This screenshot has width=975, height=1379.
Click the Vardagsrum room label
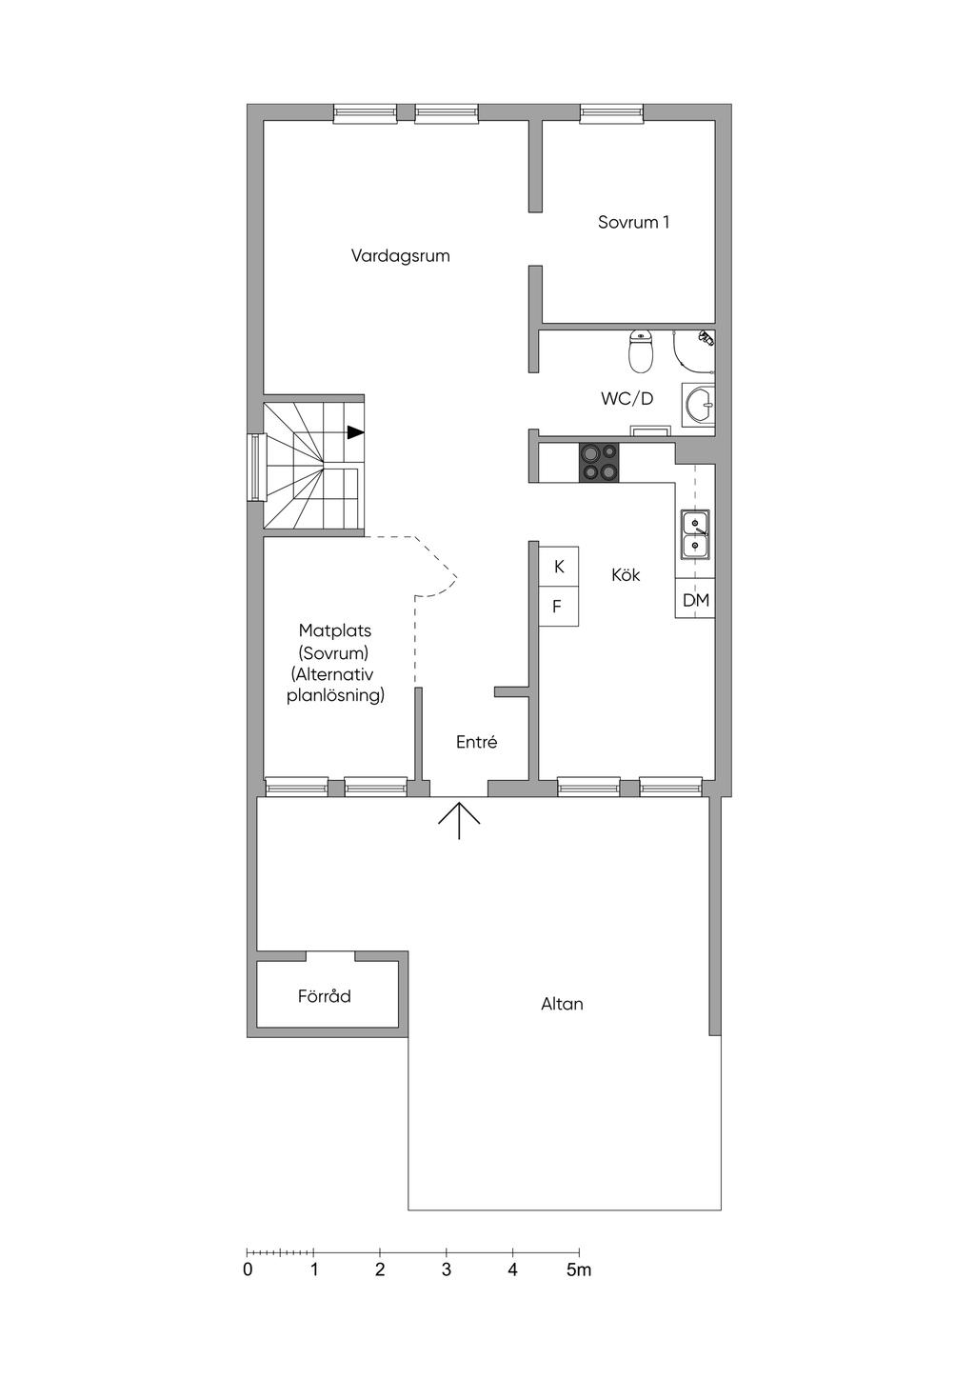pyautogui.click(x=400, y=255)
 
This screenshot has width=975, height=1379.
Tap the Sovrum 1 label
pyautogui.click(x=633, y=222)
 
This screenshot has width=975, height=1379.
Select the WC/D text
pyautogui.click(x=627, y=399)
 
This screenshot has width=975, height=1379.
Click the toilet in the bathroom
pyautogui.click(x=640, y=351)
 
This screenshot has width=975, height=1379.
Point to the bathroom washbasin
pyautogui.click(x=698, y=405)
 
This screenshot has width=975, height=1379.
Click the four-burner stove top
pyautogui.click(x=599, y=462)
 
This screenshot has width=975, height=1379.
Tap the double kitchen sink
pyautogui.click(x=695, y=534)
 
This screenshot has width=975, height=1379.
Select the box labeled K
pyautogui.click(x=558, y=566)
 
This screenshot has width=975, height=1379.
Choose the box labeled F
pyautogui.click(x=558, y=606)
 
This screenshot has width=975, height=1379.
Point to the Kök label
pyautogui.click(x=626, y=575)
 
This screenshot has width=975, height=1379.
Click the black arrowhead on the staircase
pyautogui.click(x=355, y=432)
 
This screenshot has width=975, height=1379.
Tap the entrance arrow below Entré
pyautogui.click(x=459, y=820)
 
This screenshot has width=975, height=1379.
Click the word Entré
pyautogui.click(x=476, y=743)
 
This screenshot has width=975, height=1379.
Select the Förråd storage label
pyautogui.click(x=325, y=995)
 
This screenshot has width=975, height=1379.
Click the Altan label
pyautogui.click(x=562, y=1004)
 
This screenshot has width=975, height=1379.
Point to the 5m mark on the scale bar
pyautogui.click(x=579, y=1269)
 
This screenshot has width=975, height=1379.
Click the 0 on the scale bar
pyautogui.click(x=248, y=1269)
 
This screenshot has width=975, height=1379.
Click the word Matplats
pyautogui.click(x=335, y=630)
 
